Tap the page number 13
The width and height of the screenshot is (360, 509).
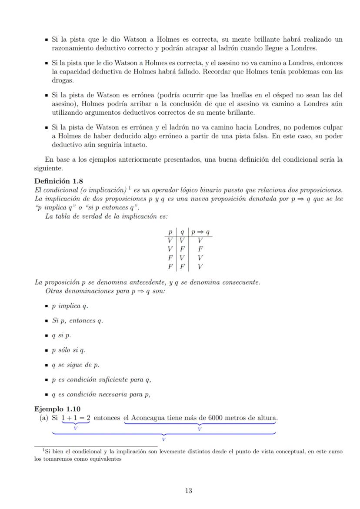(188, 491)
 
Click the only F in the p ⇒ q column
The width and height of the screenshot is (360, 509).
(200, 250)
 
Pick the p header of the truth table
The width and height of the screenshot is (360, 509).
(170, 233)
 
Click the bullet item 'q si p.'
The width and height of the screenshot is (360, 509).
(61, 336)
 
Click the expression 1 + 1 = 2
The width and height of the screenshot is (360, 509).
(76, 418)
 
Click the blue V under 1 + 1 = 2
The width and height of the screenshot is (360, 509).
(76, 429)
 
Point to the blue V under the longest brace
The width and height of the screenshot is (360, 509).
(163, 439)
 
